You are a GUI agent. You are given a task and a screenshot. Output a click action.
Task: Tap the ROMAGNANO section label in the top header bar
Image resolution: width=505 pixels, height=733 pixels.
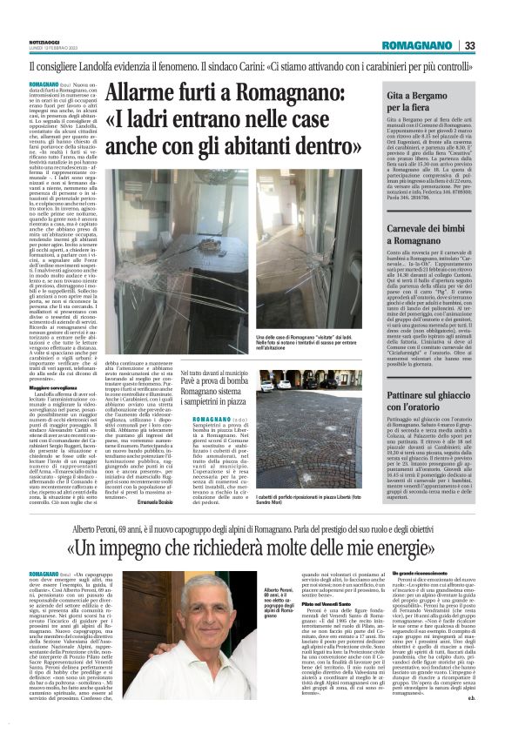click(x=421, y=45)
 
